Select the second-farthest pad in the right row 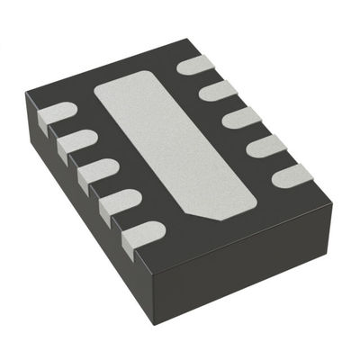point(217,90)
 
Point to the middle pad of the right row point(241,117)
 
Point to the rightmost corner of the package point(332,205)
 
